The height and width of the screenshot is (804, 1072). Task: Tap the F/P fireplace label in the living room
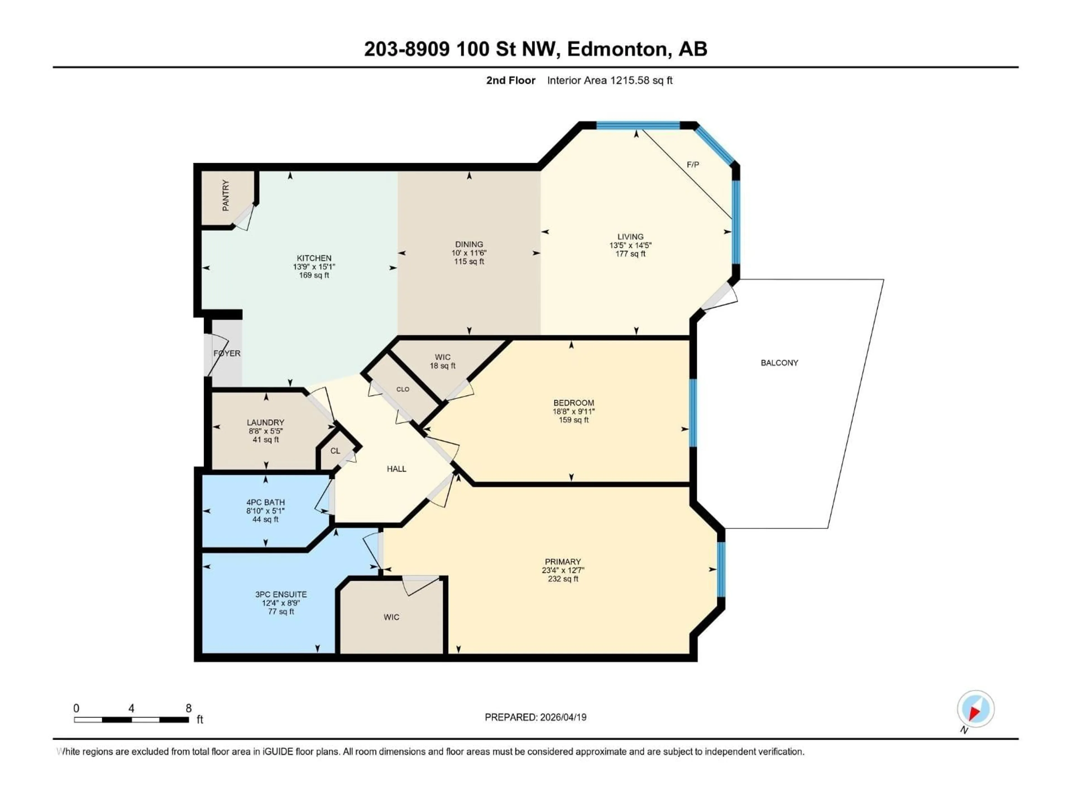tap(693, 165)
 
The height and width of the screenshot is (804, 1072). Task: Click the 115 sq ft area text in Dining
tap(469, 261)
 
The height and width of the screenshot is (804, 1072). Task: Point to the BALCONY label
tap(779, 363)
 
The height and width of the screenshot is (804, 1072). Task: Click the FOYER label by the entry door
tap(227, 353)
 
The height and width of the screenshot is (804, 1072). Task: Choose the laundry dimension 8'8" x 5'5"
tap(265, 431)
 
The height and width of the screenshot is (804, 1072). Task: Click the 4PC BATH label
tap(265, 502)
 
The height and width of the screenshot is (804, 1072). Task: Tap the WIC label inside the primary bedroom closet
tap(391, 617)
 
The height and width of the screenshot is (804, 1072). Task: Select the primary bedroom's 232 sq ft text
tap(562, 579)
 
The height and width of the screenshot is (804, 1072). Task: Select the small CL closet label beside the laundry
tap(335, 451)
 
